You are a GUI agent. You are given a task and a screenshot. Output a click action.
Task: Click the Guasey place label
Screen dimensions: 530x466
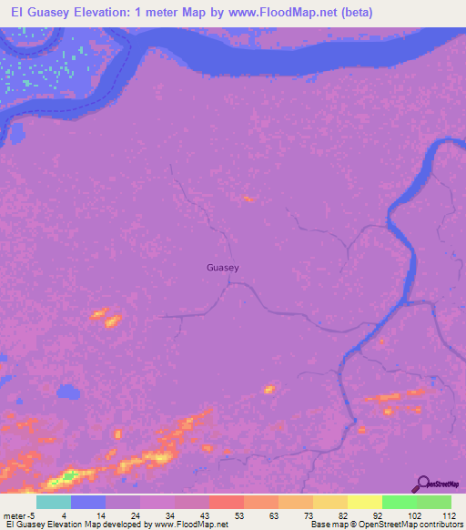223,268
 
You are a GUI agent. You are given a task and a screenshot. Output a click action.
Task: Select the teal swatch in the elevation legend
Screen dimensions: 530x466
54,502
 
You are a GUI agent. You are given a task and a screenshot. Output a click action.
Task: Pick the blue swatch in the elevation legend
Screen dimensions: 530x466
88,502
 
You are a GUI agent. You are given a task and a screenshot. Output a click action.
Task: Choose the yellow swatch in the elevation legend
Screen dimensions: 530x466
365,502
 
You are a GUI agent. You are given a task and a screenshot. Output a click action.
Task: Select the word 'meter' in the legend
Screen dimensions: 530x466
16,515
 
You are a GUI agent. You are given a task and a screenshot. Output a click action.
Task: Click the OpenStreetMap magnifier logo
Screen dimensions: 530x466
421,484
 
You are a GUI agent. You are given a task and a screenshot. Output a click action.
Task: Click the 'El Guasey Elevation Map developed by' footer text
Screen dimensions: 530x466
79,525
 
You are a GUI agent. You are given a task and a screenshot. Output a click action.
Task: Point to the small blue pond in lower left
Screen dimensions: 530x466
66,393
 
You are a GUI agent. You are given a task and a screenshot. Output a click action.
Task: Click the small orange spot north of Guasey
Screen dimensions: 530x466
247,198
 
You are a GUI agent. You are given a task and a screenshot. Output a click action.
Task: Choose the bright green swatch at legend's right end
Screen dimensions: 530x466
434,502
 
